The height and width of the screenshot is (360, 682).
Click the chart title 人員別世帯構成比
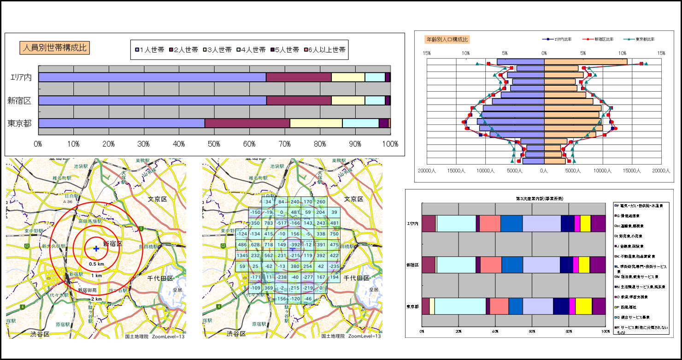coord(55,47)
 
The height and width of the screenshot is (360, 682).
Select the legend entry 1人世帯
coord(150,50)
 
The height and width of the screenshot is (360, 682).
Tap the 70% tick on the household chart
coord(285,144)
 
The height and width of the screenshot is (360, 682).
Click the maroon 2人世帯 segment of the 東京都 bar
coord(247,123)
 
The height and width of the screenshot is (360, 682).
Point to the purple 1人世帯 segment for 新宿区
coord(153,100)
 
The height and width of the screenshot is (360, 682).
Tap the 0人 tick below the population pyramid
coord(544,171)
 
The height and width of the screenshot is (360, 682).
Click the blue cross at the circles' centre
coord(96,249)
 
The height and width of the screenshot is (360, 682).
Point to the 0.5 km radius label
coord(96,264)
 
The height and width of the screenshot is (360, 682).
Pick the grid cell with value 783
coord(268,223)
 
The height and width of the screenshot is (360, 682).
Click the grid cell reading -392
coord(295,244)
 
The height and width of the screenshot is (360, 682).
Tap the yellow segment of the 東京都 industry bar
coord(583,306)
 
